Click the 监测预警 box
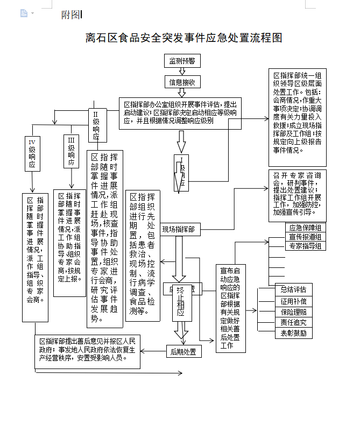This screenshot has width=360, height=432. tap(182, 61)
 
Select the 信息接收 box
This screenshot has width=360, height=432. tap(182, 82)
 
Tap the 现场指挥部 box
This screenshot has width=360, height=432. tap(178, 230)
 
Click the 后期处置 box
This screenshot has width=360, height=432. tap(183, 352)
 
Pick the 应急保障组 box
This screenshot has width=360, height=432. tap(305, 228)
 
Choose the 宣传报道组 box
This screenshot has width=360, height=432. tap(305, 237)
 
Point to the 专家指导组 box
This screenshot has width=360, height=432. tap(305, 246)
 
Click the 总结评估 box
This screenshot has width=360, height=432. tap(293, 289)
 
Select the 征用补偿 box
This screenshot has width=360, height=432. tap(293, 301)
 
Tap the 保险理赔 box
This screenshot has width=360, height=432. tap(293, 311)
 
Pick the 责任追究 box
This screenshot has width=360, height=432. tap(293, 322)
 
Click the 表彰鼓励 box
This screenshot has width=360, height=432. tap(293, 333)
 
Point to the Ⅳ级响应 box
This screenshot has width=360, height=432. tap(32, 153)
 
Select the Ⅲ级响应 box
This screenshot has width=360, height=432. tap(70, 152)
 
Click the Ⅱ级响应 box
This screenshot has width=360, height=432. tap(96, 125)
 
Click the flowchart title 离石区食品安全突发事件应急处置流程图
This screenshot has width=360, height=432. tap(183, 38)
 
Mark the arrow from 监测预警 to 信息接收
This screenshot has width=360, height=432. tap(182, 72)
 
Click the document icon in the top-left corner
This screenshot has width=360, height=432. tap(24, 13)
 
